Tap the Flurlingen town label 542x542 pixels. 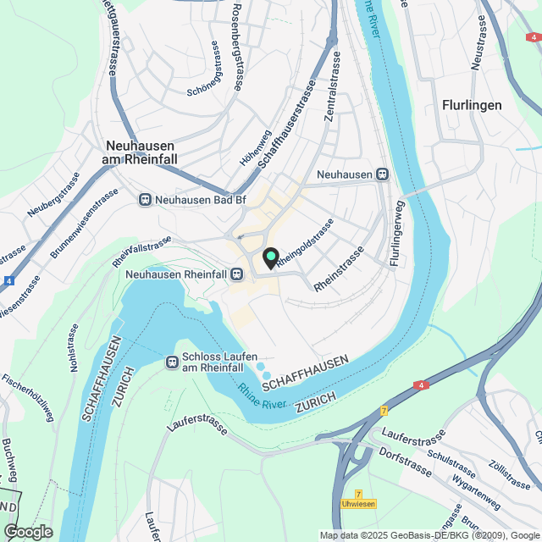[472, 105]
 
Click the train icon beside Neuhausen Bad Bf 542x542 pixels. [145, 200]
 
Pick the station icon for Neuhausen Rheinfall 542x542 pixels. [238, 274]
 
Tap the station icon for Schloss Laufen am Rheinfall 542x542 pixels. [172, 362]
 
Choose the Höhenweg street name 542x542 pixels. [253, 149]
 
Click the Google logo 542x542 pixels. [28, 531]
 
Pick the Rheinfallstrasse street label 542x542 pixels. [141, 252]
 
